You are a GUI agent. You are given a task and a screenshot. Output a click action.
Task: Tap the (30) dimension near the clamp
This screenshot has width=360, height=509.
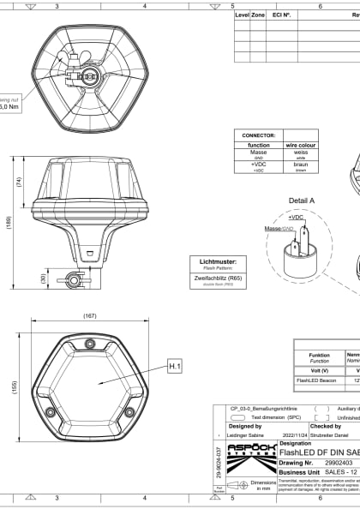(43, 278)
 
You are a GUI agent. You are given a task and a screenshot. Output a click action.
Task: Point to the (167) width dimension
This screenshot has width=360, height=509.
(89, 316)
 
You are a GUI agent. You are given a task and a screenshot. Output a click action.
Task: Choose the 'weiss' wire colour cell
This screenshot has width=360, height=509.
(300, 152)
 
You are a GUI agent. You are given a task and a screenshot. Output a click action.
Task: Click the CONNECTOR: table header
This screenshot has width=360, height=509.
(257, 135)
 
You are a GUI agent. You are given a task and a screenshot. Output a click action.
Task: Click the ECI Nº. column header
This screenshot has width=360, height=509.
(281, 15)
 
